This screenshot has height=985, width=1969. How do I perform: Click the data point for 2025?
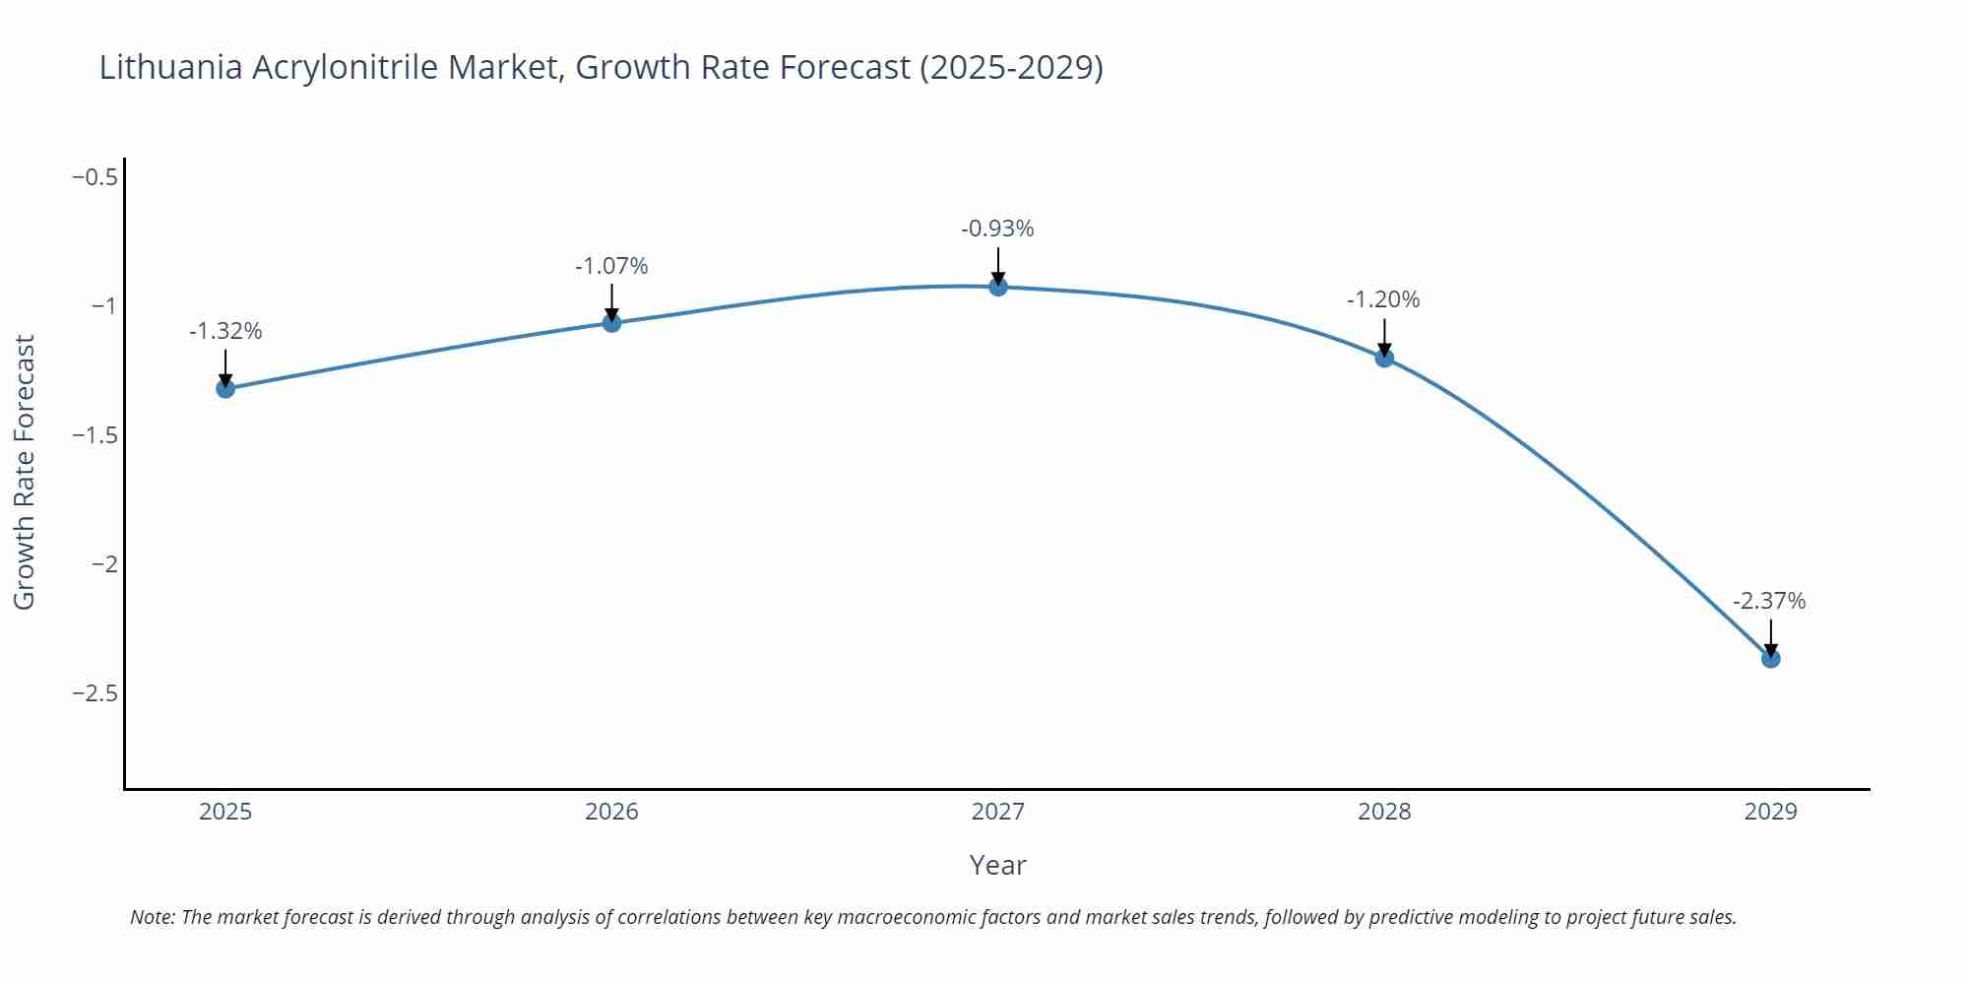225,388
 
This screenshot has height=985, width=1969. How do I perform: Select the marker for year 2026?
611,322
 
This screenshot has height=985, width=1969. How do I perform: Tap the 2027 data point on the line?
997,287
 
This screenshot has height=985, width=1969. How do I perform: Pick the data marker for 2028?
1384,358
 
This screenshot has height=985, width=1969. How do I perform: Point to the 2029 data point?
1770,658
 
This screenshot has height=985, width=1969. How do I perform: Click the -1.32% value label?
225,331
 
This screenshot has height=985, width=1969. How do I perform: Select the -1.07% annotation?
611,266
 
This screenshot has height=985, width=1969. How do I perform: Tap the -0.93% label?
997,229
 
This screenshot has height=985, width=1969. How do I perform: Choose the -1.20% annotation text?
1383,299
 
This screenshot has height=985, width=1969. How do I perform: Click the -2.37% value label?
1769,601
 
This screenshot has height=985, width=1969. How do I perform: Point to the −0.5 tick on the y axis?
95,177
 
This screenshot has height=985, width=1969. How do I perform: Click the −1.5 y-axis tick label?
95,435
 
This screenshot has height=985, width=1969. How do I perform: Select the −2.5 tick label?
95,693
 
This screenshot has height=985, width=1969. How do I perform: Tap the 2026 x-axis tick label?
611,812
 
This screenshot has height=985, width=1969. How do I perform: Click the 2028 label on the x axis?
1384,812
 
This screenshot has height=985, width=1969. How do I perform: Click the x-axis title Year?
997,865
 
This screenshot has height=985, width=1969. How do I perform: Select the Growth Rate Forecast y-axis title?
25,472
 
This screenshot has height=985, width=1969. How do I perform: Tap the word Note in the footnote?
152,917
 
